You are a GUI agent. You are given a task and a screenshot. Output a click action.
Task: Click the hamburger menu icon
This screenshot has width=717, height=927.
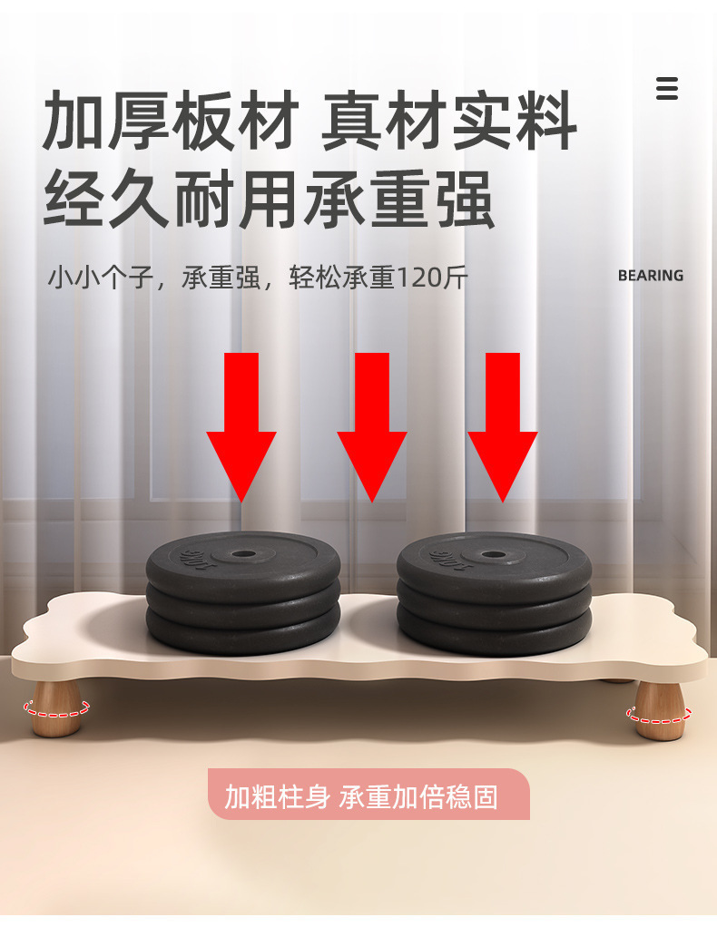coord(667,88)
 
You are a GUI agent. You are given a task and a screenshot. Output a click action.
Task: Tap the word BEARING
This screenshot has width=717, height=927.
coord(651,276)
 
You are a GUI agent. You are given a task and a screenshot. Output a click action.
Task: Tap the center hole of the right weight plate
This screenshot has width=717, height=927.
coord(494,555)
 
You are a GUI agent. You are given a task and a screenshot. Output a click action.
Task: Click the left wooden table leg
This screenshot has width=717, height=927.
coord(57,708)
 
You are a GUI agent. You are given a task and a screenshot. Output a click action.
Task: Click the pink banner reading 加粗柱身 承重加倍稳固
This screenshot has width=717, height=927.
coord(368,794)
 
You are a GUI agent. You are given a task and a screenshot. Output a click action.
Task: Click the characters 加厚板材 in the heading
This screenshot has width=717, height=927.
coord(171,121)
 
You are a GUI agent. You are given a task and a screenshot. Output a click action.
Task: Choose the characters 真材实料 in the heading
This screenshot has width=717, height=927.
coord(447,121)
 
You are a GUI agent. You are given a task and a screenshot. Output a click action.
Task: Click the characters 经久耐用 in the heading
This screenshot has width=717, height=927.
coord(171,200)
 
